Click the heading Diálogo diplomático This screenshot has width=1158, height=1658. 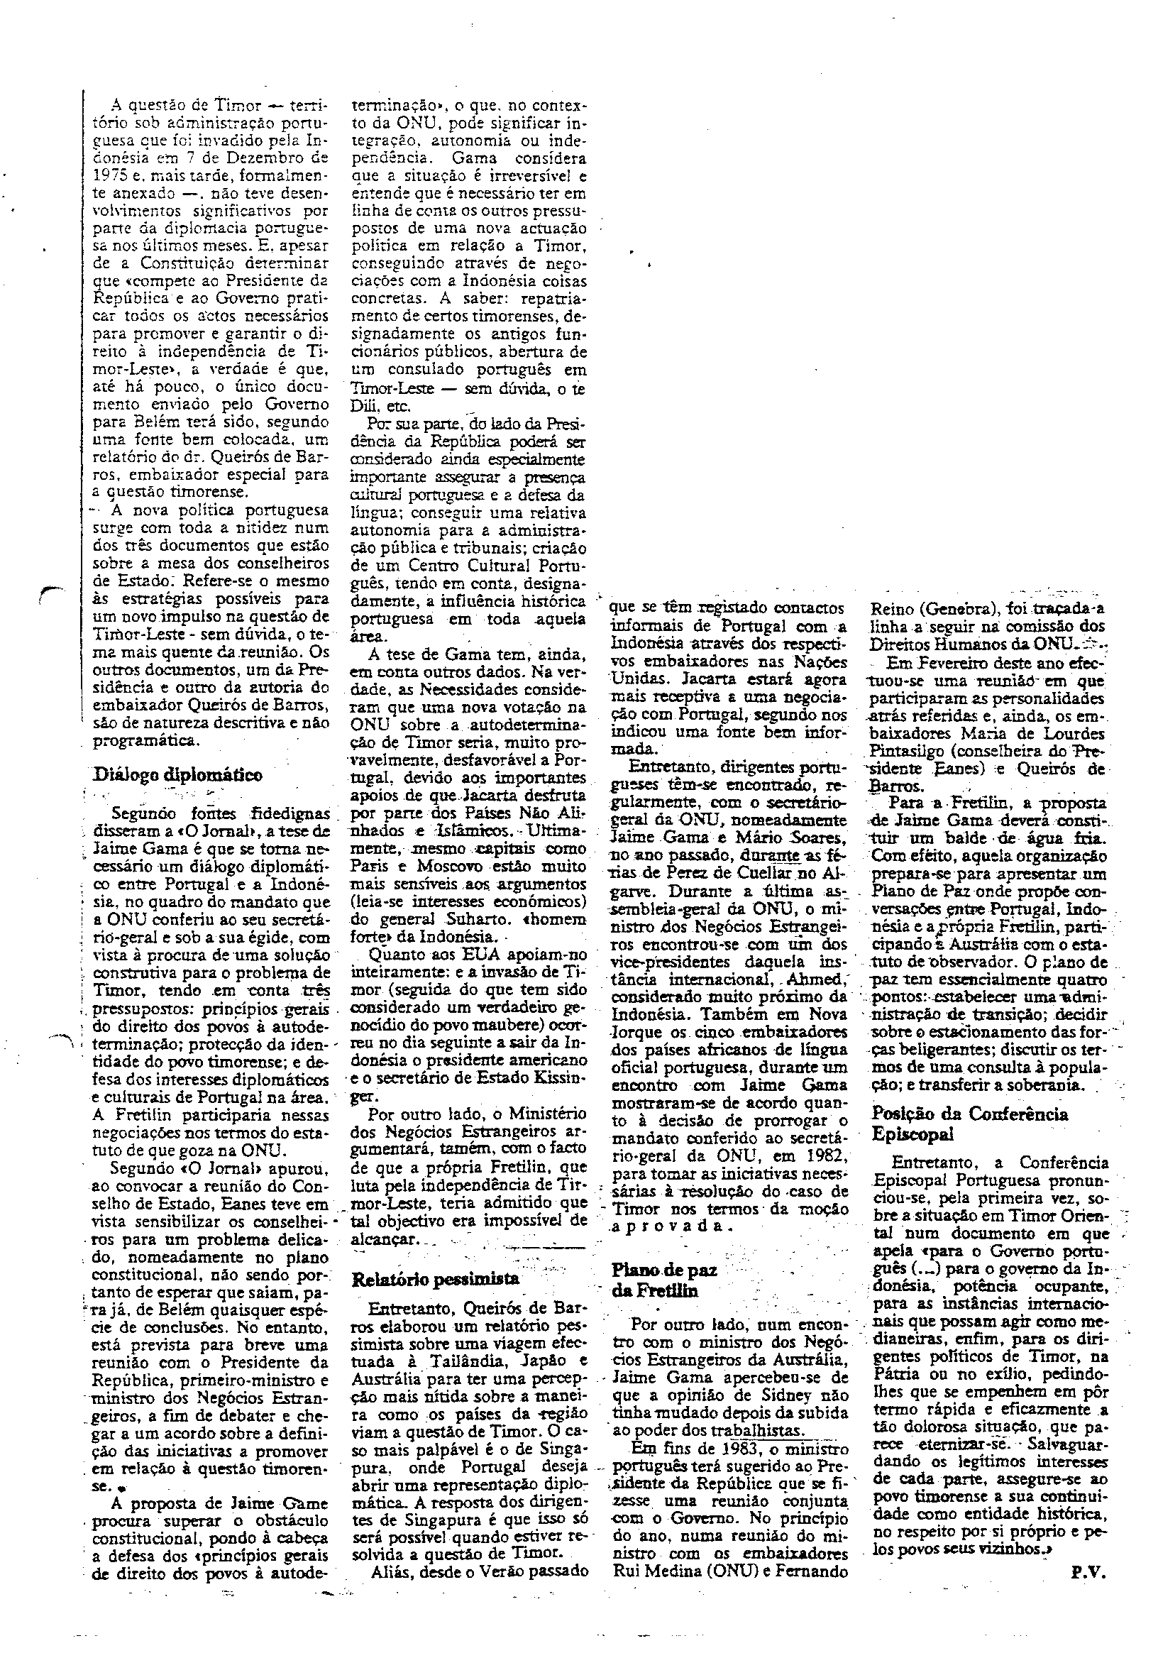178,774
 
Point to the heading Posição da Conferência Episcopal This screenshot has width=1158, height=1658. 969,1123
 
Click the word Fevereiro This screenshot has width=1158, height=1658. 942,663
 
